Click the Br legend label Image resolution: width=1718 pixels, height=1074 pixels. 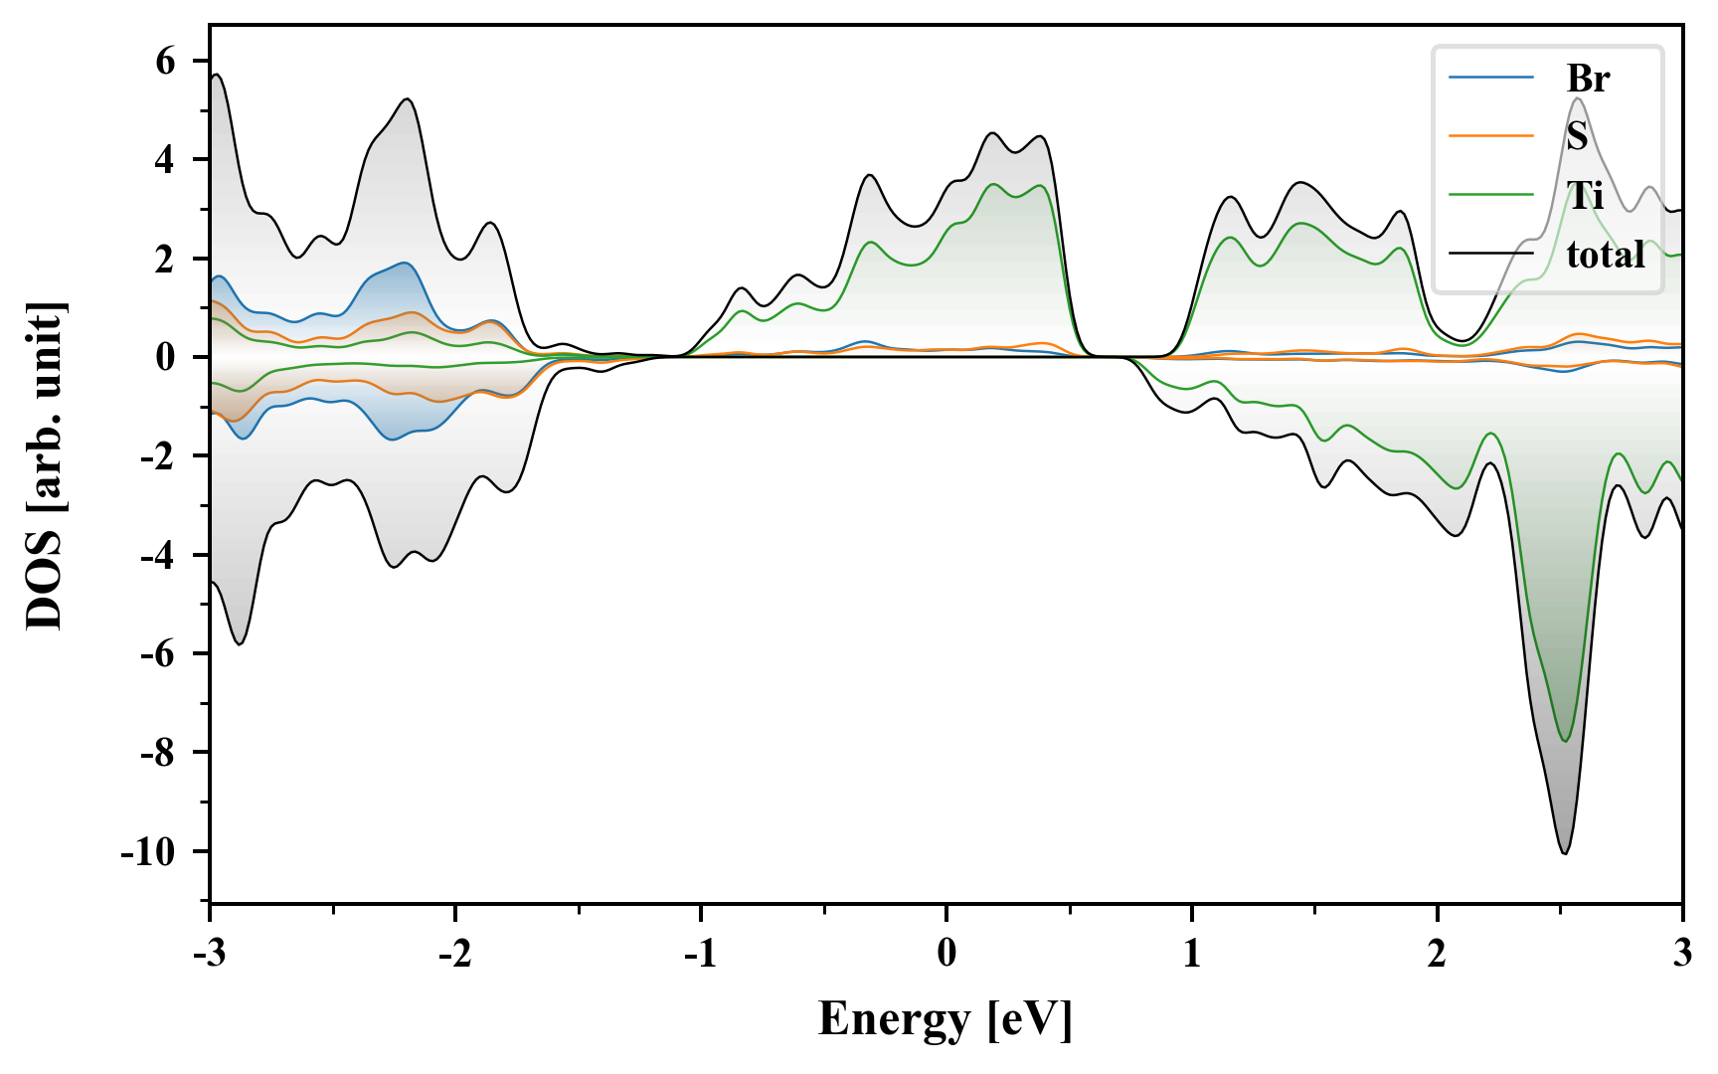(x=1588, y=79)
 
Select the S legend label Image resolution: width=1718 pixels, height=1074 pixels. (x=1577, y=136)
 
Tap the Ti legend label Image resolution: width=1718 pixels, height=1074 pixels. (x=1585, y=195)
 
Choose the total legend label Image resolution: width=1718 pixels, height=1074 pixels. (x=1606, y=255)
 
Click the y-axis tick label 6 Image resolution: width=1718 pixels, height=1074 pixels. (x=165, y=62)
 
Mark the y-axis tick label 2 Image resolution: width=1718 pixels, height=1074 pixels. (x=165, y=259)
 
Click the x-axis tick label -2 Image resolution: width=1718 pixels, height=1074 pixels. (x=455, y=954)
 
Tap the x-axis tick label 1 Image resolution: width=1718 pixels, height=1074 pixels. (x=1191, y=954)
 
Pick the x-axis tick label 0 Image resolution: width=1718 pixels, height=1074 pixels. (x=946, y=954)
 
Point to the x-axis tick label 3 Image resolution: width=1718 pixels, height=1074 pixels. (x=1682, y=954)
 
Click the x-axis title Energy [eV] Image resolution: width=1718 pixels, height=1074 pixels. (x=945, y=1020)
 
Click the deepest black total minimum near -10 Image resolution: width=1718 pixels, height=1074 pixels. (x=1564, y=853)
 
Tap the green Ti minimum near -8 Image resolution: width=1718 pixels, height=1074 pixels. (x=1565, y=741)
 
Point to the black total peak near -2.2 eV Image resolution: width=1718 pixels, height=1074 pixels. (x=408, y=98)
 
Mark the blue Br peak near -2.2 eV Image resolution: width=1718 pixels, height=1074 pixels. (x=406, y=263)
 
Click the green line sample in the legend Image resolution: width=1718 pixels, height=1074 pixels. (x=1491, y=195)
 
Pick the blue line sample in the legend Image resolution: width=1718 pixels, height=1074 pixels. (x=1491, y=79)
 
